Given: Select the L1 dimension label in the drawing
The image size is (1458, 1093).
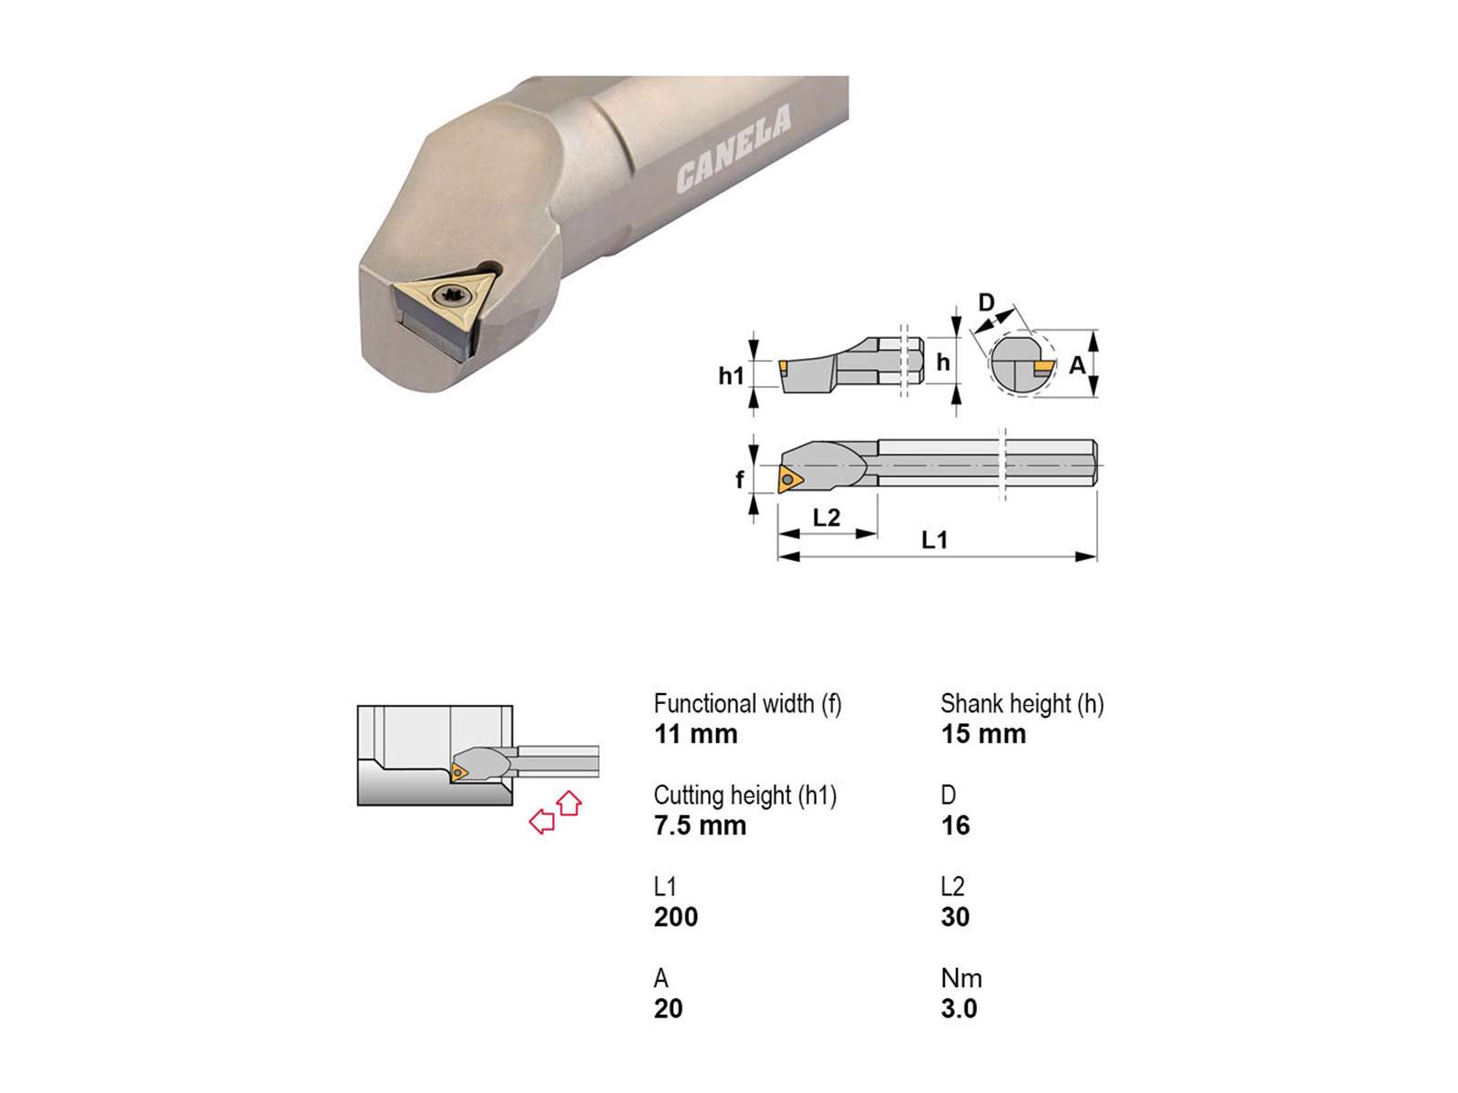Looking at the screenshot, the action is [x=934, y=539].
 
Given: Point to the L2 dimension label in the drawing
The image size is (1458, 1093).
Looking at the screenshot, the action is [x=827, y=517].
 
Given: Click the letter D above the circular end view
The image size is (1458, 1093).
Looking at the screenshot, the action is [x=986, y=302].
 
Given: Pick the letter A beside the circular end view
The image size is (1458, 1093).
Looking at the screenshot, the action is [x=1077, y=365].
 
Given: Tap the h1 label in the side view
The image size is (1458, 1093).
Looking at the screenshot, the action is [x=731, y=375].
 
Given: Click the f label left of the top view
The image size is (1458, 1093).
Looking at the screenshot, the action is [x=740, y=478].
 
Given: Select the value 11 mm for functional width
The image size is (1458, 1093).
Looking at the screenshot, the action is [x=695, y=735].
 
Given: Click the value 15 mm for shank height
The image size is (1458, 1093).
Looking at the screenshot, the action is [x=983, y=735].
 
